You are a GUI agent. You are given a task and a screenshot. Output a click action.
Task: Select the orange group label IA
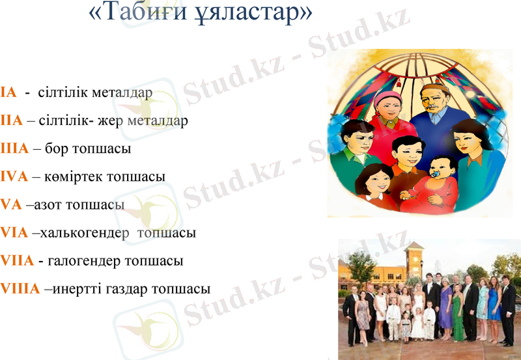pos(8,92)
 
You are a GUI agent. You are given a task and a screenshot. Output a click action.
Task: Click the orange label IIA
pos(12,120)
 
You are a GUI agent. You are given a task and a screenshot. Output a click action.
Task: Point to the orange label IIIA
pos(15,148)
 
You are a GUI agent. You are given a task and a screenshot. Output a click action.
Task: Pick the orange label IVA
pos(14,176)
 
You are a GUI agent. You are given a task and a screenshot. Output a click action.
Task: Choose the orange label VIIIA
pos(20,288)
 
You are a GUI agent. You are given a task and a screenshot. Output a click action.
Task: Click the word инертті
pos(77,288)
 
